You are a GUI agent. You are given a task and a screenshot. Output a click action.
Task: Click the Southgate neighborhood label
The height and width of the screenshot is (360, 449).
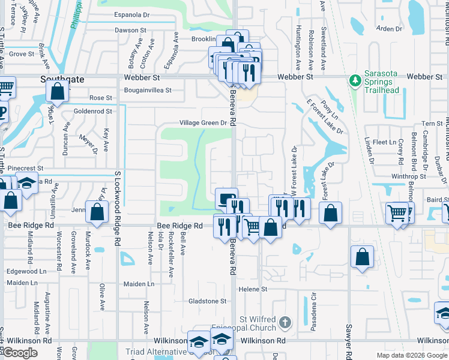point(62,79)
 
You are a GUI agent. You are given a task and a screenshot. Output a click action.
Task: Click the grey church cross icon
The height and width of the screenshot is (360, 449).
point(286,323)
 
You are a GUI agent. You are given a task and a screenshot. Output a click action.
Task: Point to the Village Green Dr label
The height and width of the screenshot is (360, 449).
point(203,123)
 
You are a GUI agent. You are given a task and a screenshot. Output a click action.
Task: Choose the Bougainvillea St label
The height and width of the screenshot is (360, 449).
point(148,91)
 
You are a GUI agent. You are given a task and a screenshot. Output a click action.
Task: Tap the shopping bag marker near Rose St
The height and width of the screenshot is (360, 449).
point(57,92)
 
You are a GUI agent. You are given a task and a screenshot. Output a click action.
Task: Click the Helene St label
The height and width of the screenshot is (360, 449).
point(253,289)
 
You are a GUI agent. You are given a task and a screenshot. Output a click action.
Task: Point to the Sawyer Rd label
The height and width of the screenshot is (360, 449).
point(348,330)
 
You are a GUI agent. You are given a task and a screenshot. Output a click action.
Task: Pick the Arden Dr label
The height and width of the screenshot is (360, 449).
point(388,29)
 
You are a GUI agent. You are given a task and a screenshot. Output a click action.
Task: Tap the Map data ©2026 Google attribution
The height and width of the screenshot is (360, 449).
point(411,355)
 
